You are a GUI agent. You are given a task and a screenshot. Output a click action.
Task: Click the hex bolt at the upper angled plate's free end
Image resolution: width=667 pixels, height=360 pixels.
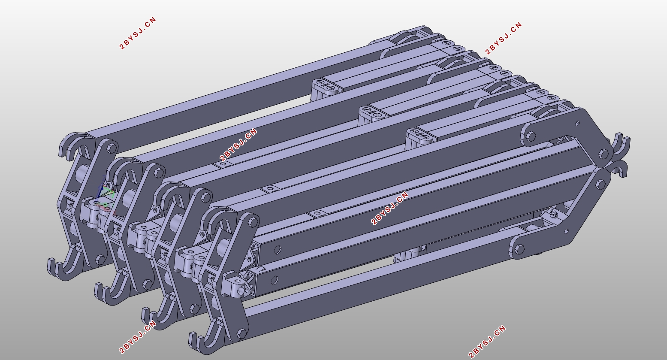tap(531, 136)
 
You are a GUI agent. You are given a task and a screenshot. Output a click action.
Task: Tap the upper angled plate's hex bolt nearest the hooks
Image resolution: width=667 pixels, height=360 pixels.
tap(603, 154)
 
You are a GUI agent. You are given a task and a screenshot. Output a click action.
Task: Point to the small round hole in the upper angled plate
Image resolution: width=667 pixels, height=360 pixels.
tap(577, 123)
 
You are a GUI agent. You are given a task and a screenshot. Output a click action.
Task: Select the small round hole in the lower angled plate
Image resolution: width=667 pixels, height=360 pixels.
tap(566, 231)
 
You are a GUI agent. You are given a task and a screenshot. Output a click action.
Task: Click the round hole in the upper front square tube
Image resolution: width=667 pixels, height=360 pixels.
tap(278, 250)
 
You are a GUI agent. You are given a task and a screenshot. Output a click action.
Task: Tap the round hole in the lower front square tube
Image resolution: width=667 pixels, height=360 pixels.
tap(275, 280)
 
